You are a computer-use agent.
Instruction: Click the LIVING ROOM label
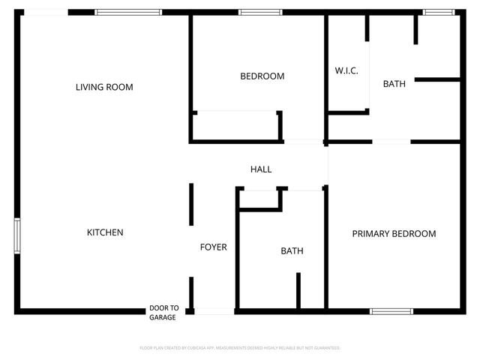click(104, 87)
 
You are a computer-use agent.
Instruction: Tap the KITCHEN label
click(105, 232)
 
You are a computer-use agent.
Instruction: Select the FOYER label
click(213, 247)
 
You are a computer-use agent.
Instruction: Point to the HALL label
click(261, 169)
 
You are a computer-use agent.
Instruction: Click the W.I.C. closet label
click(346, 70)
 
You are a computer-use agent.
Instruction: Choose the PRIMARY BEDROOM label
click(394, 234)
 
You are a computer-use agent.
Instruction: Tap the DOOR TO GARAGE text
click(163, 313)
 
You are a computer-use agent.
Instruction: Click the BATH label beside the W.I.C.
click(394, 84)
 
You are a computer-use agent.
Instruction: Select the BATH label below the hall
click(292, 251)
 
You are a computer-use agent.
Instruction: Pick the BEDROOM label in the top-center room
click(262, 76)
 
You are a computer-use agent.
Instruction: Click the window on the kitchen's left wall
click(17, 235)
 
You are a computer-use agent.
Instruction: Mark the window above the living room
click(127, 12)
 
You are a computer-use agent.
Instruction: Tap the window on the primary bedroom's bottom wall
click(391, 310)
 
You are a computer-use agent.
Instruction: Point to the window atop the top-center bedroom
click(260, 12)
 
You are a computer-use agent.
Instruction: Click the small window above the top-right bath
click(439, 12)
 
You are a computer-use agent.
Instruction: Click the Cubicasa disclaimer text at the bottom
click(240, 348)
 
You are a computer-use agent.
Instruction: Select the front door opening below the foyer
click(214, 310)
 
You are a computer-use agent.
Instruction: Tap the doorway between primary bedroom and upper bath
click(391, 141)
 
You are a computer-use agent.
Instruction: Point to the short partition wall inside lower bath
click(298, 290)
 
